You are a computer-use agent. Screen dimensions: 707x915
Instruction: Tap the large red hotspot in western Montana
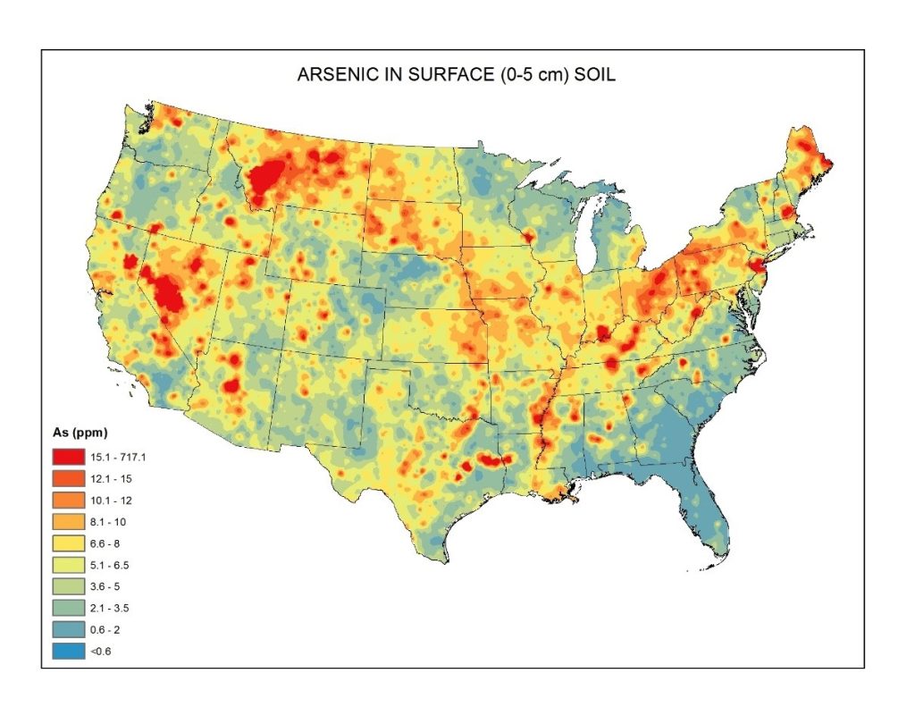[x=268, y=179]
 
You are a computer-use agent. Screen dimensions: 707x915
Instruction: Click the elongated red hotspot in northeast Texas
[x=491, y=459]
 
